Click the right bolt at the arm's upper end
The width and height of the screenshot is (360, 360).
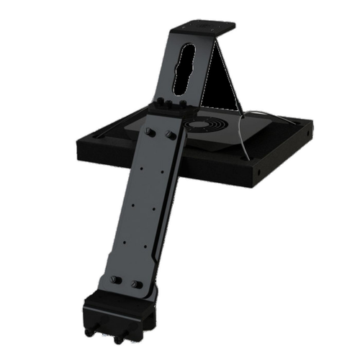(x=171, y=135)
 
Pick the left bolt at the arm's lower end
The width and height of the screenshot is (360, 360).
(x=115, y=279)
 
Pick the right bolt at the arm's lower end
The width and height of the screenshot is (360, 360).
(x=136, y=284)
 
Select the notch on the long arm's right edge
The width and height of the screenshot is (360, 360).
(x=157, y=248)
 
